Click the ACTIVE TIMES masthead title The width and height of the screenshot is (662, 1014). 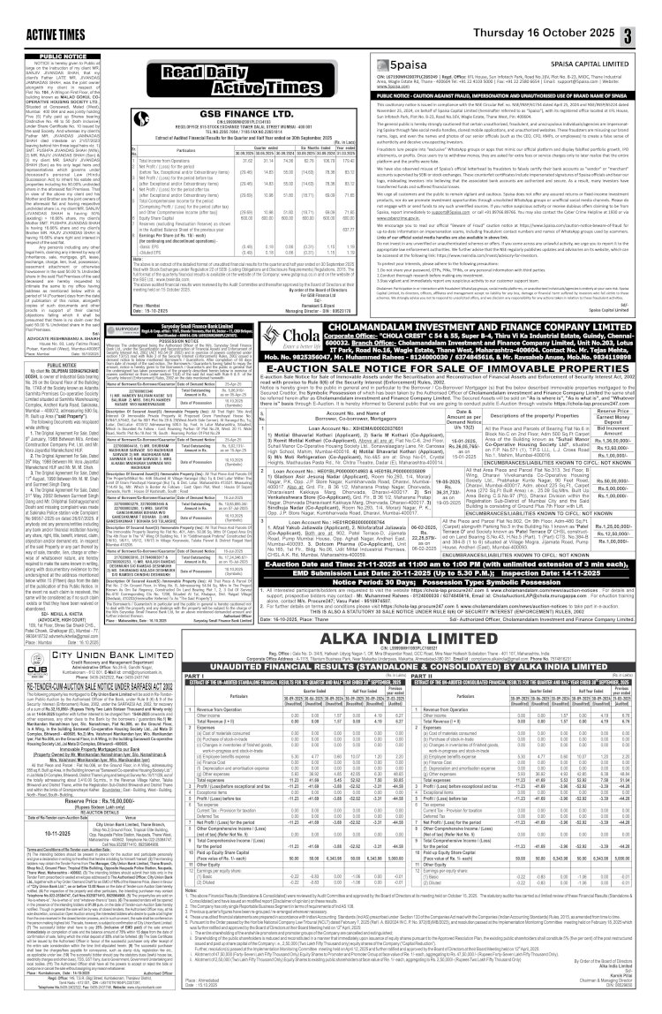(44, 10)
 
